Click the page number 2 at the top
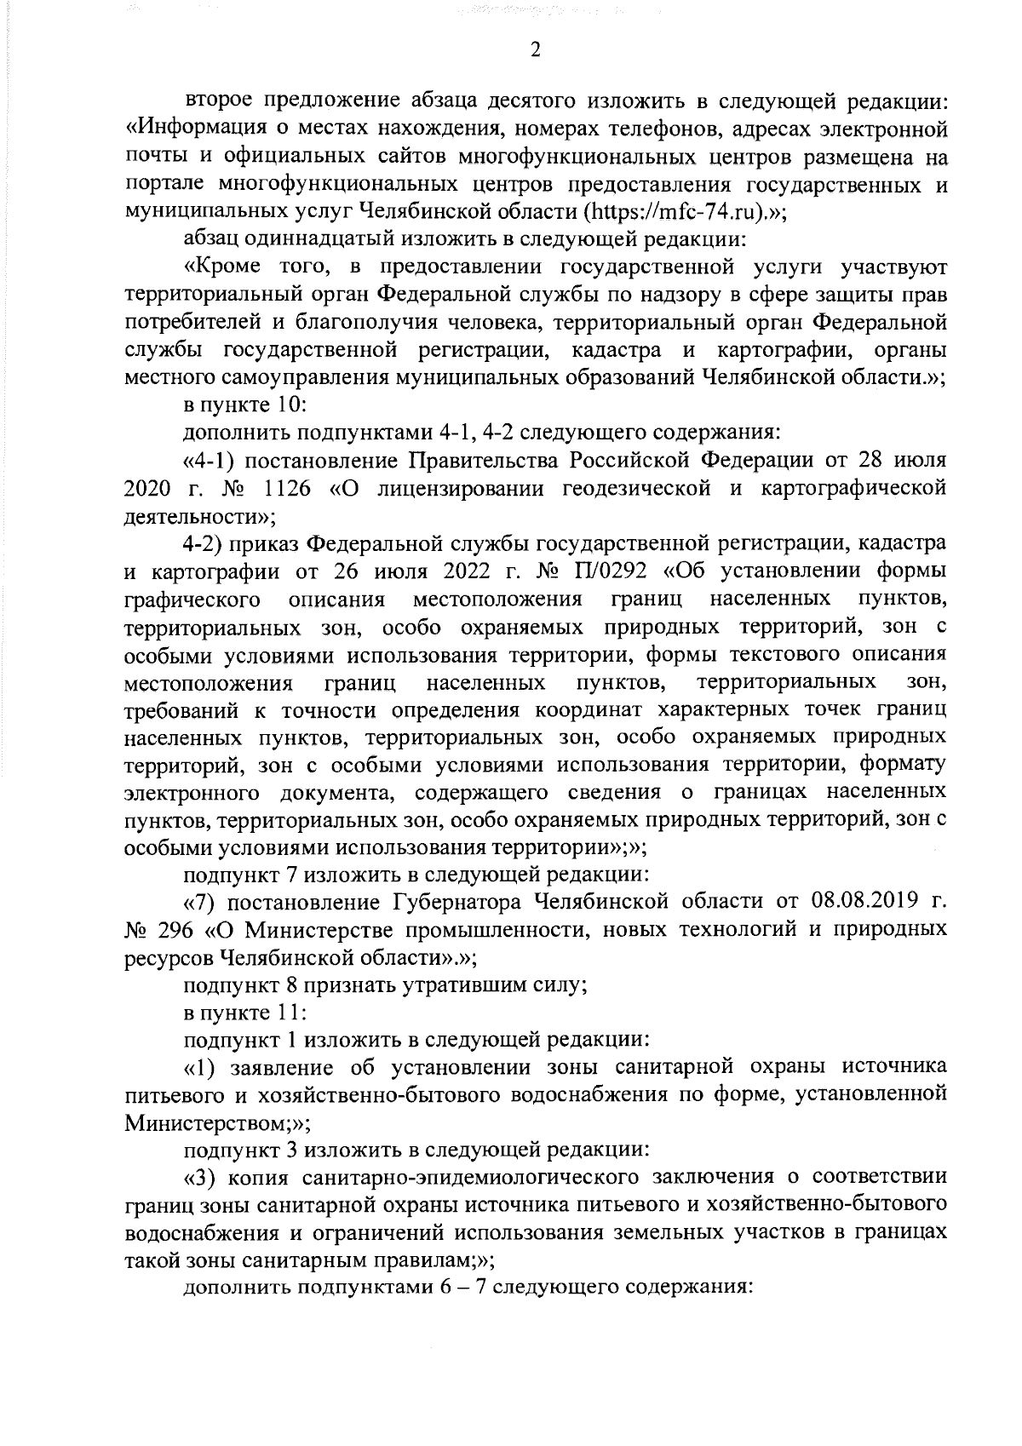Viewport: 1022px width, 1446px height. click(536, 50)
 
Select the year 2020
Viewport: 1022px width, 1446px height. click(148, 489)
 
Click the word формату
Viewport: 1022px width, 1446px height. click(903, 765)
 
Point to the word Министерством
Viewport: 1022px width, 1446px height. click(204, 1122)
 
